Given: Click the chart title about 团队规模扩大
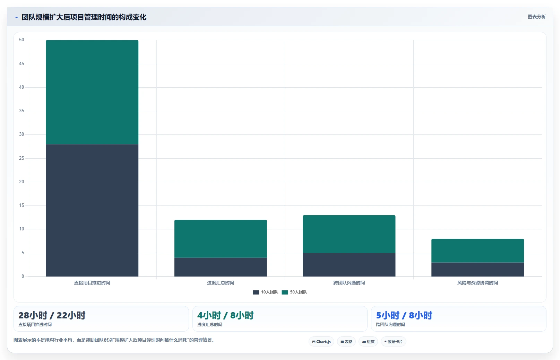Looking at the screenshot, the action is [84, 17].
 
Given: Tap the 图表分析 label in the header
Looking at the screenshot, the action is [536, 17].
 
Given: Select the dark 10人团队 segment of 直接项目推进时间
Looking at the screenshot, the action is [92, 210].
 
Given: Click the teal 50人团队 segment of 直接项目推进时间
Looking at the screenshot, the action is [92, 92].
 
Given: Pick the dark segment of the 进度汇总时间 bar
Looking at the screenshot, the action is [221, 267].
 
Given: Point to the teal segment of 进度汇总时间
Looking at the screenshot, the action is [221, 239].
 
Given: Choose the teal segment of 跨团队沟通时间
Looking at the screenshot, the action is [349, 234].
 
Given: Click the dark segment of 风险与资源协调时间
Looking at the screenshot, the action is [477, 269].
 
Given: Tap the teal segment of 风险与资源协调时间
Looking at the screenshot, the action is [477, 251].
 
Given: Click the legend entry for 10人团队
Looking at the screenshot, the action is [266, 292].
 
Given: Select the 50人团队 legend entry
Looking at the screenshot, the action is [294, 292].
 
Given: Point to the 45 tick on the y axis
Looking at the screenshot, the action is [21, 64].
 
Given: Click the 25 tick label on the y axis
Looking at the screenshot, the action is [21, 158].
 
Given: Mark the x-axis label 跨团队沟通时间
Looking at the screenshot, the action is [349, 283].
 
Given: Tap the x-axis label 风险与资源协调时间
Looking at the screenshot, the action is [477, 283].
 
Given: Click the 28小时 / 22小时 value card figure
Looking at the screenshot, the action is [52, 315].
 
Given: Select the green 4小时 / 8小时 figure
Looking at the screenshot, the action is [225, 315].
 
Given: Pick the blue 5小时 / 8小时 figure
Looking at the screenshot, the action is [404, 315].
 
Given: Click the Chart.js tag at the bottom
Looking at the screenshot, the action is [321, 342].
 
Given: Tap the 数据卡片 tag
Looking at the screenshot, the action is [393, 342].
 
